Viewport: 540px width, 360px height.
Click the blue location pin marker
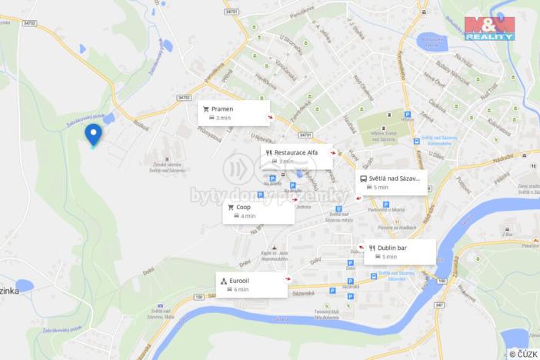coord(94,135)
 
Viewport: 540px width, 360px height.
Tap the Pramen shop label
coord(222,109)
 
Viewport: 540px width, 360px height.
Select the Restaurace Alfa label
coord(295,152)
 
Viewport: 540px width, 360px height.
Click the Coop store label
coord(243,207)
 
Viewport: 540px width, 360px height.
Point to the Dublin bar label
coord(392,248)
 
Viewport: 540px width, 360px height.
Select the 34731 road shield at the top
coord(232,12)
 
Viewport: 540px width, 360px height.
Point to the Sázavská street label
coord(302,294)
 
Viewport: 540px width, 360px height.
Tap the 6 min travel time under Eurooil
coord(241,289)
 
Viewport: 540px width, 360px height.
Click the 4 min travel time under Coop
coord(247,216)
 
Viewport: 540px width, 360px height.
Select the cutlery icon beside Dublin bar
coord(372,248)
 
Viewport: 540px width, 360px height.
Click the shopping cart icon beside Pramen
coord(206,109)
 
